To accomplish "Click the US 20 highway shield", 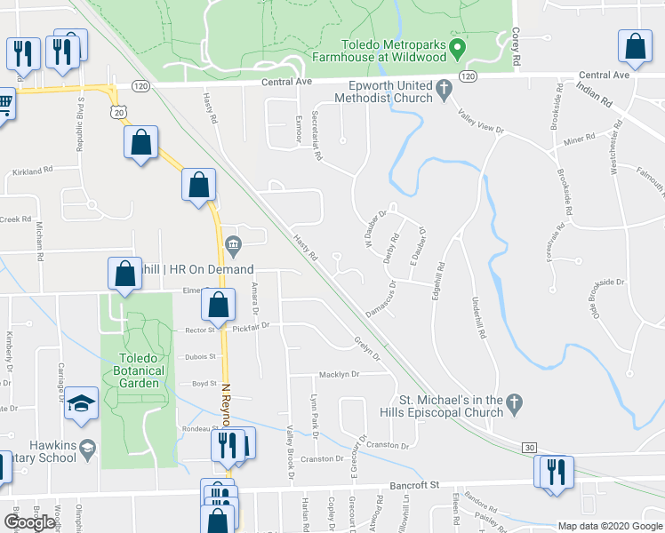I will coord(118,112).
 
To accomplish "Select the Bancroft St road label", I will coord(416,486).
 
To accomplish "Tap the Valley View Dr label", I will coord(481,122).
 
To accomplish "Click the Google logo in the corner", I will coord(29,522).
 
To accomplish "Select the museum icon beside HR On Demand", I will coord(233,244).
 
